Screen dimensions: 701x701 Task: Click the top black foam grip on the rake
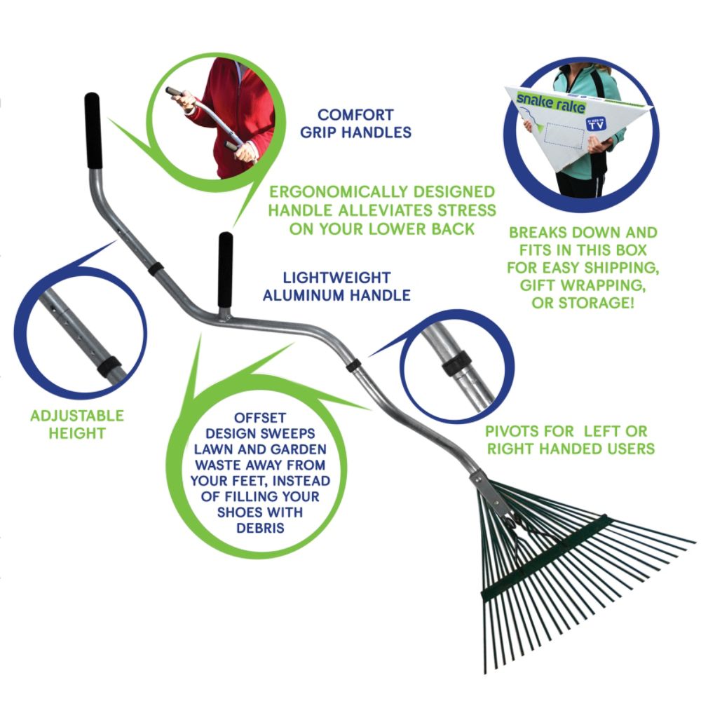pyautogui.click(x=93, y=130)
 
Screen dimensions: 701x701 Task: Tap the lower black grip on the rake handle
pyautogui.click(x=225, y=270)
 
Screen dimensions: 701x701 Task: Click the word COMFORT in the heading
pyautogui.click(x=355, y=115)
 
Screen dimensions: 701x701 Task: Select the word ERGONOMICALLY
pyautogui.click(x=339, y=192)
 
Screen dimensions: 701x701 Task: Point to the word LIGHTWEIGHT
pyautogui.click(x=337, y=278)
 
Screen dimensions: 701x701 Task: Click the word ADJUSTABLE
pyautogui.click(x=77, y=416)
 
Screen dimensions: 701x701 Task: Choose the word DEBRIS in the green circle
pyautogui.click(x=260, y=528)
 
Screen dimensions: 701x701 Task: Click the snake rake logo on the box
pyautogui.click(x=550, y=104)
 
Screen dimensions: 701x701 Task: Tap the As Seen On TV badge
pyautogui.click(x=596, y=124)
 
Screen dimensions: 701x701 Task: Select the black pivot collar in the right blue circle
pyautogui.click(x=457, y=362)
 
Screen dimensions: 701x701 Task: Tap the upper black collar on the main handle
pyautogui.click(x=155, y=269)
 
